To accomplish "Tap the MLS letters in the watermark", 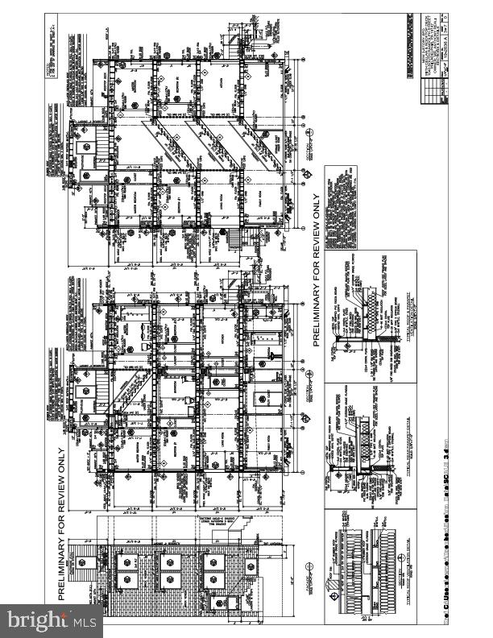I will (83, 621).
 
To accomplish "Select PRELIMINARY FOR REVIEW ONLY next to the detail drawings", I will (317, 270).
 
